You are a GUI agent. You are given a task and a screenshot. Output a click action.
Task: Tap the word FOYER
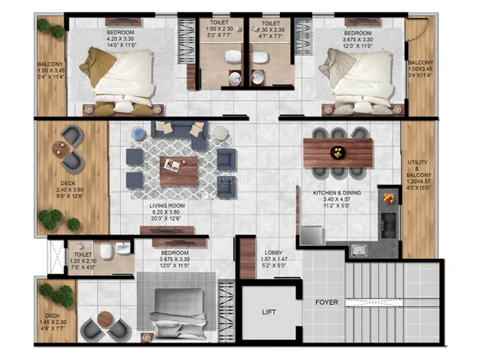point(326,302)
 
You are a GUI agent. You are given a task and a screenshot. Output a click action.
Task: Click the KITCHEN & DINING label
point(337,193)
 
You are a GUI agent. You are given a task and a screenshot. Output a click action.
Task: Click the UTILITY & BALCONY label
point(419,175)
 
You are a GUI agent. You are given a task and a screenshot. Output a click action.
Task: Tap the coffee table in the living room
point(178,169)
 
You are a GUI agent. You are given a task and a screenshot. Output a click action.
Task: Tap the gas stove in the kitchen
point(389,223)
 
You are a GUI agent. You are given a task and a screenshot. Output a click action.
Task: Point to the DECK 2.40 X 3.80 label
point(69,188)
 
